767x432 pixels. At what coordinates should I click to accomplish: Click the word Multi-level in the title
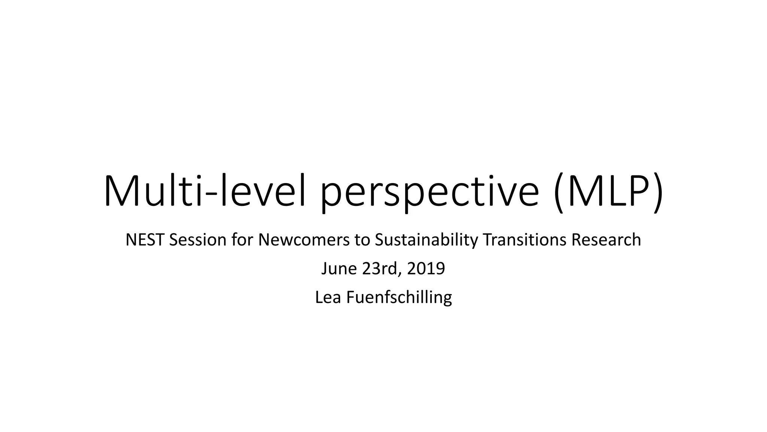coord(208,192)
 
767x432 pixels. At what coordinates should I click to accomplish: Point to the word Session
coord(197,240)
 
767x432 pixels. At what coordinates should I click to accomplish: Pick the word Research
coord(606,240)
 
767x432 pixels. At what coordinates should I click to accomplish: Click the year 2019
coord(426,269)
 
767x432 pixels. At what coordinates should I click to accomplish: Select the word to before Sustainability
coord(362,240)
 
